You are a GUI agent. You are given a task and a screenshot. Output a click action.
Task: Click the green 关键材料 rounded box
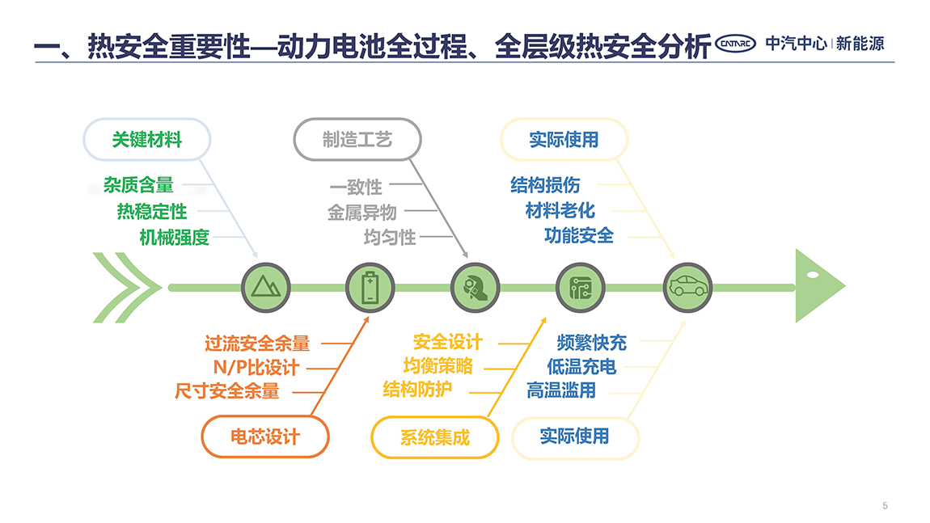pos(147,140)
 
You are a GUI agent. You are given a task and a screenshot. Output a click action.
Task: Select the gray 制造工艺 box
pos(357,140)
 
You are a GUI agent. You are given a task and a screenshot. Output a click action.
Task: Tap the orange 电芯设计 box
pos(265,437)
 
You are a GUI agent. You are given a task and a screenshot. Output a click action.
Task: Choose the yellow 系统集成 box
pos(435,437)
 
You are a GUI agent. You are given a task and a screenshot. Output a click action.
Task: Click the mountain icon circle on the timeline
pos(266,288)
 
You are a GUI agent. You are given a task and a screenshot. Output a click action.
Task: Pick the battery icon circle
pos(370,288)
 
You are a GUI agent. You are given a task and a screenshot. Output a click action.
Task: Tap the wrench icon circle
pos(475,288)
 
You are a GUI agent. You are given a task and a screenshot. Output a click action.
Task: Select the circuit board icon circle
pos(581,288)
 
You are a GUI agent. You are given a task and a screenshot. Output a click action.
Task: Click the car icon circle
pos(687,288)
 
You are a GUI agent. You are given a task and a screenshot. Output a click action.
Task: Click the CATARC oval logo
pos(735,44)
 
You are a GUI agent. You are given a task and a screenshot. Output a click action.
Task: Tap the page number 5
pos(885,506)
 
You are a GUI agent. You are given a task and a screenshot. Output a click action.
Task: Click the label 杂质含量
pos(139,185)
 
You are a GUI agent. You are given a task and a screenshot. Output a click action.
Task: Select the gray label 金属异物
pos(361,213)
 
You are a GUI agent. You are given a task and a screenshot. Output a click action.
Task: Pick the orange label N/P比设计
pos(256,368)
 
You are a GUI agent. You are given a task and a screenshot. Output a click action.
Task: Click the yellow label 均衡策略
pos(438,366)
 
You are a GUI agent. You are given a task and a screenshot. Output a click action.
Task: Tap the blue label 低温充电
pos(581,367)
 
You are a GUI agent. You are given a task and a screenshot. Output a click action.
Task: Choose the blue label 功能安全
pos(579,235)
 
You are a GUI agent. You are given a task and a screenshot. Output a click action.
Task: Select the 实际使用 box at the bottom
pos(575,437)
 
